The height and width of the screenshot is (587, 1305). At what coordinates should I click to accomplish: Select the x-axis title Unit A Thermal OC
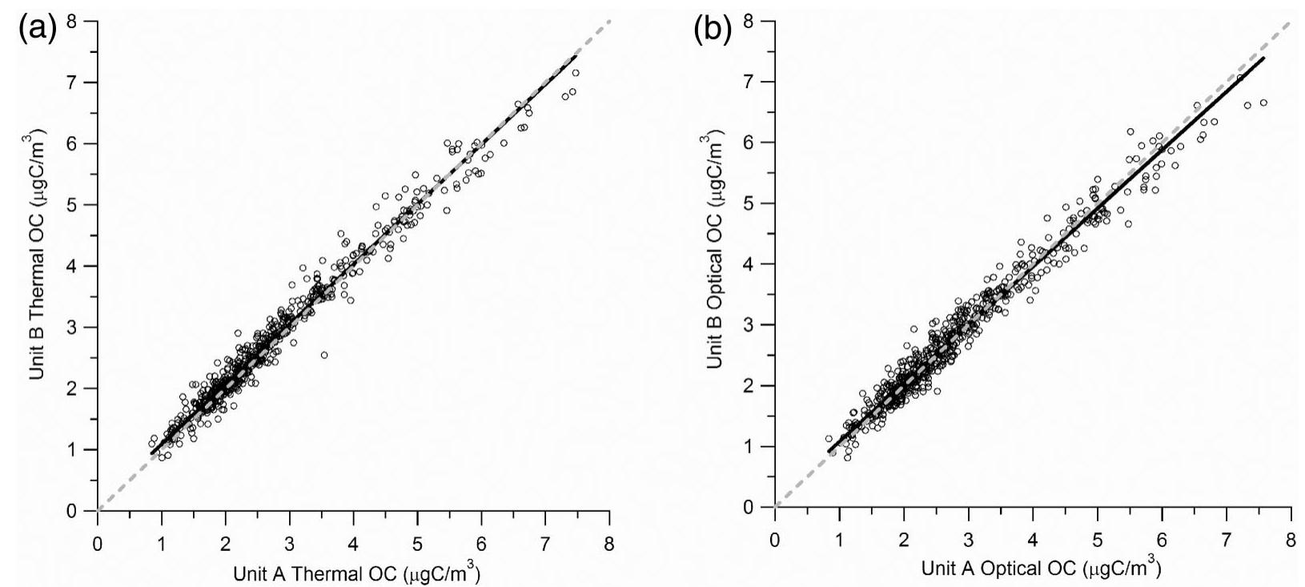[356, 573]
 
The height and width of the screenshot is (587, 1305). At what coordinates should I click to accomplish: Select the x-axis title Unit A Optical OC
[1039, 569]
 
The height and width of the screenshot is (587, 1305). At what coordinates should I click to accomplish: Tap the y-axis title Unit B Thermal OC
[38, 264]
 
